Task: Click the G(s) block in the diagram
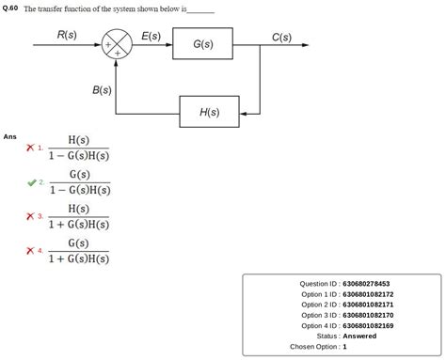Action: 201,44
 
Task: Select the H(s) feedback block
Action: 209,112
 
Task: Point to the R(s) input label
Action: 66,35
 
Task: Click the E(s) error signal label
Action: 151,36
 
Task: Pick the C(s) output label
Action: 280,37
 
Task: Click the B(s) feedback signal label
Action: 102,90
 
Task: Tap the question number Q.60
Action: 10,8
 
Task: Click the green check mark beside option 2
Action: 31,181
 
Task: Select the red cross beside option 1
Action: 31,148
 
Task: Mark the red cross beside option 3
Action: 31,216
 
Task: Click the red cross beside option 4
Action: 31,250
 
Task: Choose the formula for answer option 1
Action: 79,148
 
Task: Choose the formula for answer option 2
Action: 79,181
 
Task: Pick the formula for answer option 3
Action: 79,216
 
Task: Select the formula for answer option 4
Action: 79,250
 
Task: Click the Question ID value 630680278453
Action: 366,284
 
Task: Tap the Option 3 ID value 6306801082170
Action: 368,315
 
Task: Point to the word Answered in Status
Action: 359,336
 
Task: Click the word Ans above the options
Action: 9,136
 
